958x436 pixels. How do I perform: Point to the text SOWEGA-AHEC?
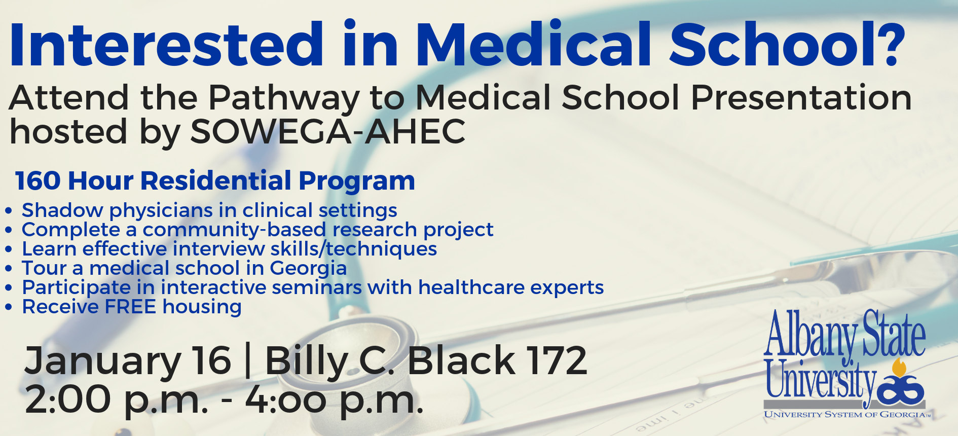328,131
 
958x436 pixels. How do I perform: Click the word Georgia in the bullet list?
308,269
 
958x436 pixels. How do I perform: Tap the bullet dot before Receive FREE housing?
9,307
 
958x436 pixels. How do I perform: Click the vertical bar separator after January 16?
248,361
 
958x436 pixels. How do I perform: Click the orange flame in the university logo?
900,368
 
